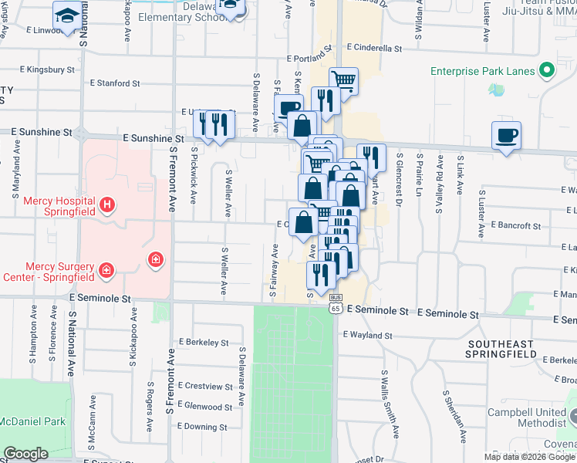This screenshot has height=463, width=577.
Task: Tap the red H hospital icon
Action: (107, 205)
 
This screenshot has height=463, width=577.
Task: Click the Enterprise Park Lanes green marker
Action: (547, 71)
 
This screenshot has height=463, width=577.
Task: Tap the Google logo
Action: (25, 454)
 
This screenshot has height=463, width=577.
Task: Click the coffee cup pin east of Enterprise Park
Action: (507, 137)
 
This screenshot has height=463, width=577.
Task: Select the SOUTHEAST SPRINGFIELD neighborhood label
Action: (501, 348)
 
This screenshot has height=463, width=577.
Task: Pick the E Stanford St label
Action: (115, 83)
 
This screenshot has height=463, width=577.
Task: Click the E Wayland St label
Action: (367, 336)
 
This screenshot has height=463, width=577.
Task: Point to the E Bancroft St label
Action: (515, 226)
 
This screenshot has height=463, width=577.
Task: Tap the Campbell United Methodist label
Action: (527, 417)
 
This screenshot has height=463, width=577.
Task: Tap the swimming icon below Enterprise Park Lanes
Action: (494, 90)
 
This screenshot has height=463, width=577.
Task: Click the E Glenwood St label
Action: (205, 407)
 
